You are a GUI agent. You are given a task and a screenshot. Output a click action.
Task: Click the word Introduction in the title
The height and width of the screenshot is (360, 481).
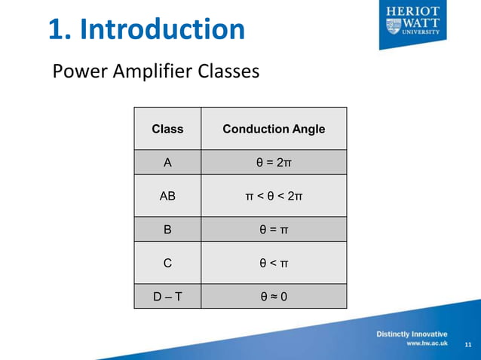click(161, 29)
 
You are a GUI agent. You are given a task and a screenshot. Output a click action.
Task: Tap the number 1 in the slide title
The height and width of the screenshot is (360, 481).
click(57, 29)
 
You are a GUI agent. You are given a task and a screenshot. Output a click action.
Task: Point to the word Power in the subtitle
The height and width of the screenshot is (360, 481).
click(75, 72)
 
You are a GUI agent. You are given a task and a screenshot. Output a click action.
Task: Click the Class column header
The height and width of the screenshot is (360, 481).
click(167, 129)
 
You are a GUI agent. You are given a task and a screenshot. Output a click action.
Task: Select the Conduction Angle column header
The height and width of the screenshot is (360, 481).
click(274, 129)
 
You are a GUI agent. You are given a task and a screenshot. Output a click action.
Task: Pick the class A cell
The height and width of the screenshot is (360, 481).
click(167, 162)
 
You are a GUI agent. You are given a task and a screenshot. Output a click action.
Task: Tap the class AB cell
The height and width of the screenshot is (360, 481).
click(167, 197)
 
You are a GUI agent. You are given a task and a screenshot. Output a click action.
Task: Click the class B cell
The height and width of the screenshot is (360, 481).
click(167, 230)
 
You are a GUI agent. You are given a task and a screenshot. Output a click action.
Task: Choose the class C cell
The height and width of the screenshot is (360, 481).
click(167, 263)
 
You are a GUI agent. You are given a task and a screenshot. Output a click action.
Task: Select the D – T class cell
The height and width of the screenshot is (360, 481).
click(167, 296)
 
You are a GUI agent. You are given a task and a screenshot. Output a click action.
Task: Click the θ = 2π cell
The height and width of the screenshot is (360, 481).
click(274, 162)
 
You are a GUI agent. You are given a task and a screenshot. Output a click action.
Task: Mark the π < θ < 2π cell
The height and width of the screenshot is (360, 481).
click(274, 197)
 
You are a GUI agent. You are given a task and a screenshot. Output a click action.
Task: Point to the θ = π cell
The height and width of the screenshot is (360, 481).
click(274, 230)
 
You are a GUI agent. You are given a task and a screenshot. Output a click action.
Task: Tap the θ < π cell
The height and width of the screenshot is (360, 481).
click(274, 263)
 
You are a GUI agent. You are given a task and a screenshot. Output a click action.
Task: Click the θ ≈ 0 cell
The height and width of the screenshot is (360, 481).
click(274, 296)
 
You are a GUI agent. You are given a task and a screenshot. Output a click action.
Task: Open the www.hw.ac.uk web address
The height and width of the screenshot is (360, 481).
click(427, 343)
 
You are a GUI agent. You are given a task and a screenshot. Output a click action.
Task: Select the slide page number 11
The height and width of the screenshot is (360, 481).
click(467, 344)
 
